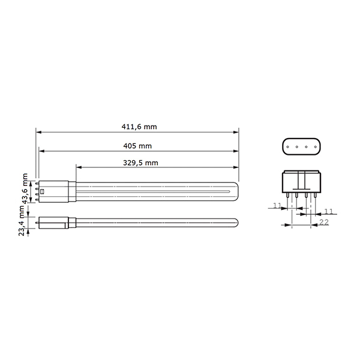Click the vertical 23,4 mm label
click(22, 221)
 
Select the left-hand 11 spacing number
click(277, 206)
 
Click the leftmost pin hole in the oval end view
click(289, 146)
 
